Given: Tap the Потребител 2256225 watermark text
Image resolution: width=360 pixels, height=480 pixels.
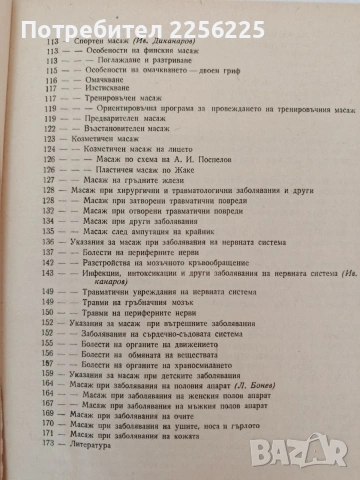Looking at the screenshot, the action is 99,15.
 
